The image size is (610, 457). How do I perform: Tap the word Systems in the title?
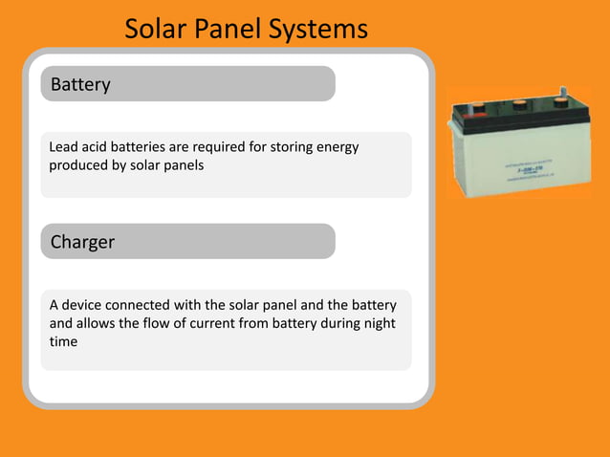tap(317, 30)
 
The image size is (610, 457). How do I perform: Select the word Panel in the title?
tap(229, 30)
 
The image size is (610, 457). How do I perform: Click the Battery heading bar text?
tap(80, 84)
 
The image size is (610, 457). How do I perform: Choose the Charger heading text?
tap(82, 242)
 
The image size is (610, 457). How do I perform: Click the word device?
tap(84, 305)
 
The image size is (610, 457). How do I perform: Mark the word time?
tap(63, 341)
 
